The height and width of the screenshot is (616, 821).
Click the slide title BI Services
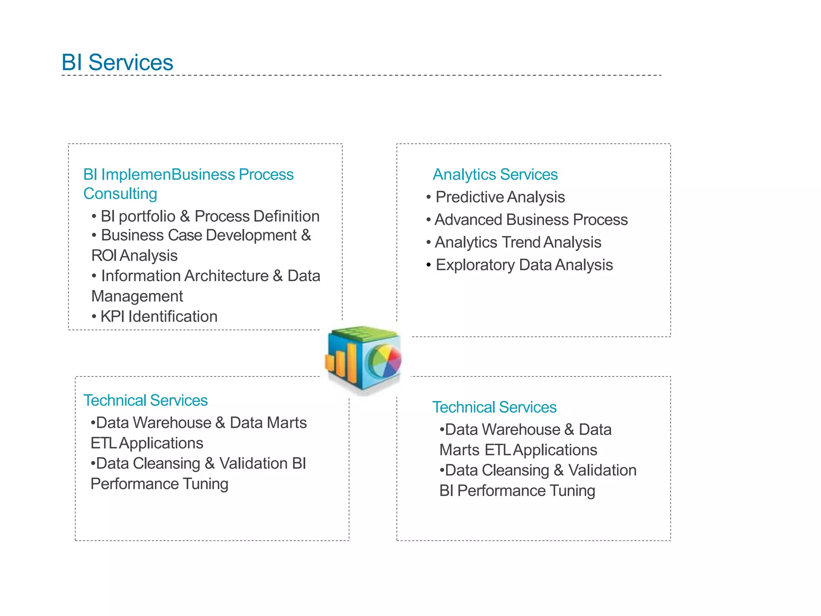117,63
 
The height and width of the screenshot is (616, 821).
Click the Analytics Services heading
495,174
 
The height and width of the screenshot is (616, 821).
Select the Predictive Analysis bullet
500,197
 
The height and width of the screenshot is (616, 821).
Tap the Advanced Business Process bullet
531,220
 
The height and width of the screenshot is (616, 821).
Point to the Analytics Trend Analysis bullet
518,242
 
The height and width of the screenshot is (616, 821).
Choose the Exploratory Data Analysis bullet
524,265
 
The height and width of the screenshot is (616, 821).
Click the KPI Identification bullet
159,316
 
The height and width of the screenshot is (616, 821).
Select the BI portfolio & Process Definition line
210,216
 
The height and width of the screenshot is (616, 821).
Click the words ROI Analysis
134,255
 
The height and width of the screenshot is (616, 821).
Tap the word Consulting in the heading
120,194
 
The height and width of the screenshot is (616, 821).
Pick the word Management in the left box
137,296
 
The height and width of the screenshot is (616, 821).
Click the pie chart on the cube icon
384,361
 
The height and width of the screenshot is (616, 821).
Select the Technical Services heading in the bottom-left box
145,400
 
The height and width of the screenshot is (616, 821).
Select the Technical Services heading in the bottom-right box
494,407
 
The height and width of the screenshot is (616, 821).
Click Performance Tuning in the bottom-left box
159,484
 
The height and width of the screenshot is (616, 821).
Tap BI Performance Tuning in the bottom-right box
517,490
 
